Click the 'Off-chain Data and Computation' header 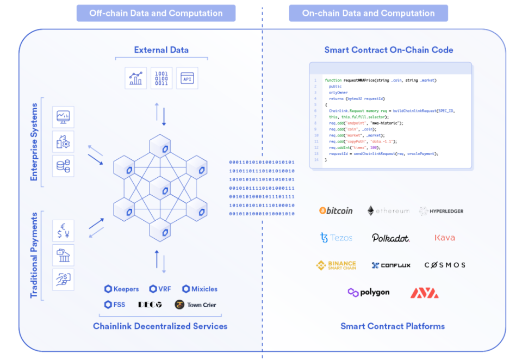click(x=156, y=13)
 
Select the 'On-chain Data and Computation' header click(x=368, y=13)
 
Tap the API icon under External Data click(x=188, y=78)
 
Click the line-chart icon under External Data click(x=135, y=78)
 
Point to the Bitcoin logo click(x=336, y=210)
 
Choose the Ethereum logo click(x=388, y=210)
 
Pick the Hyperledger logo click(x=441, y=211)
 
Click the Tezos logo click(x=336, y=238)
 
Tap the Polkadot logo click(x=390, y=238)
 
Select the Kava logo click(x=445, y=238)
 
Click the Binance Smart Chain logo click(x=336, y=265)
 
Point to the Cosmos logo click(x=445, y=265)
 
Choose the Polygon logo click(x=369, y=293)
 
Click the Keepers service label click(x=122, y=289)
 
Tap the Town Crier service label click(x=196, y=305)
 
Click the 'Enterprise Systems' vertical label click(x=34, y=142)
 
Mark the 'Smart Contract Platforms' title click(x=393, y=326)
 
